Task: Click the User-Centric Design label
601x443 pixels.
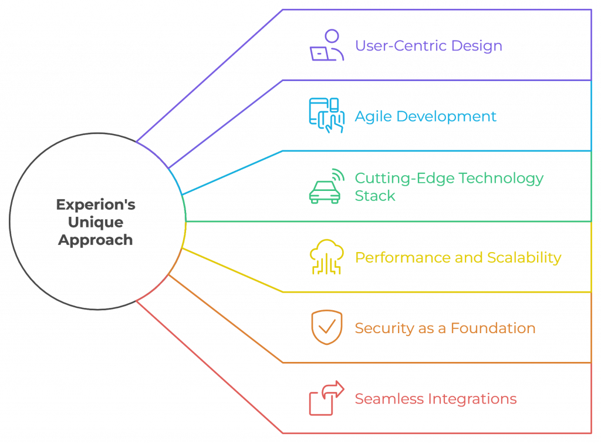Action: [428, 46]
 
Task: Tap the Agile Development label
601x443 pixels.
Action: [426, 116]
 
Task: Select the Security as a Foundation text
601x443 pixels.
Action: [445, 328]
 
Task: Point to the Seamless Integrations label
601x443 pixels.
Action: [435, 399]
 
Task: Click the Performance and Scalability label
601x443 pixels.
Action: [458, 257]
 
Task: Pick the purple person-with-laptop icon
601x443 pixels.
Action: [326, 45]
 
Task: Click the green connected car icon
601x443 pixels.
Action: [326, 187]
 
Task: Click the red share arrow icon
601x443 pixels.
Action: [326, 398]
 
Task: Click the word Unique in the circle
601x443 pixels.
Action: [96, 222]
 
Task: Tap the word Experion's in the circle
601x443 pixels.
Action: [96, 204]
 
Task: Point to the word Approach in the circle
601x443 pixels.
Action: [96, 240]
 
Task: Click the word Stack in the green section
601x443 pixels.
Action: [375, 196]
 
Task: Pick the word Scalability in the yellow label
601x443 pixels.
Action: [524, 257]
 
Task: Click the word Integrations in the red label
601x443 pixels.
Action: [472, 399]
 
